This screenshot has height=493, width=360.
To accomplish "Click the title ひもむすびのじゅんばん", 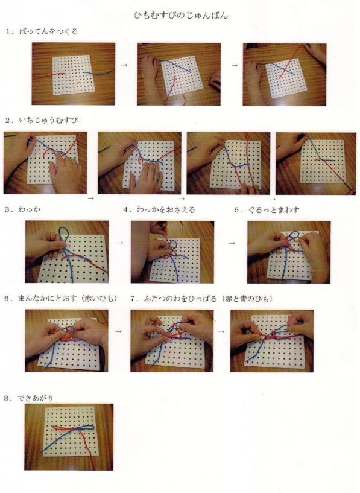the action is pos(181,15).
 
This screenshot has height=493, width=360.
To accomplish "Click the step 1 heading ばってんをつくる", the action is pos(49,31).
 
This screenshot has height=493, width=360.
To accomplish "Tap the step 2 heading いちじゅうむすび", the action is pos(48,120).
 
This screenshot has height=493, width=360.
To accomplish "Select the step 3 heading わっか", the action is pos(30,209).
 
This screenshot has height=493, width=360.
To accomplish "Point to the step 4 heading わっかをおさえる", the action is pos(166,209).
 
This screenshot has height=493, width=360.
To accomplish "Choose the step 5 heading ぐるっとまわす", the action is pos(274,210).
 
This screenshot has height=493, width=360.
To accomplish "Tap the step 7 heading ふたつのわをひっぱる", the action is pos(180,298).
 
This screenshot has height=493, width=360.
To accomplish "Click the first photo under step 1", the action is pos(73,74).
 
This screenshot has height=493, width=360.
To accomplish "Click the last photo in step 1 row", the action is pos(285,74).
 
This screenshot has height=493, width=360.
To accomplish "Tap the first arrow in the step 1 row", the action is pos(124,65).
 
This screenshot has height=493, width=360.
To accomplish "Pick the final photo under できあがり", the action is pos(69,437).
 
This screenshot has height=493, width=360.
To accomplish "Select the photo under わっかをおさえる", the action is pos(172,252).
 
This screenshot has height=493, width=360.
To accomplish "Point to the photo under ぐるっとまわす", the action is pos(289,252).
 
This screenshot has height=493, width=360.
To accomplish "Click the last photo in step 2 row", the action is pos(316,163).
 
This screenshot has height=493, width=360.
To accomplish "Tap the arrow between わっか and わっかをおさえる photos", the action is pos(119,243).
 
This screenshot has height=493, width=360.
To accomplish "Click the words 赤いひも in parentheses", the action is pos(99,298).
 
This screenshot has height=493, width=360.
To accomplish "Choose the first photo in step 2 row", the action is pos(45,162).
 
